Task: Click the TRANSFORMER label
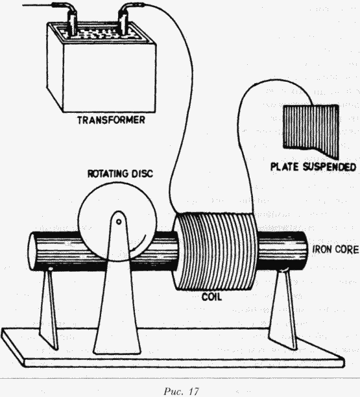pos(111,120)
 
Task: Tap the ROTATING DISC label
pos(120,174)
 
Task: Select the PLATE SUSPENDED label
pos(313,167)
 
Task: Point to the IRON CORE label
pos(336,249)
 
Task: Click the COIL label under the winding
pos(211,296)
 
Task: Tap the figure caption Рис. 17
pos(181,391)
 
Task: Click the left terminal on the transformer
pos(71,24)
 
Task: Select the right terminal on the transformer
pos(123,24)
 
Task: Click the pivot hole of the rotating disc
pos(119,222)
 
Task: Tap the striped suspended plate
pos(311,130)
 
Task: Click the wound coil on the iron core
pos(215,251)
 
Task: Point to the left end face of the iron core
pos(32,251)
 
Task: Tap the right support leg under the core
pos(283,309)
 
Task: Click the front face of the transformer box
pos(110,78)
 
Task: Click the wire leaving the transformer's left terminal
pos(40,5)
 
